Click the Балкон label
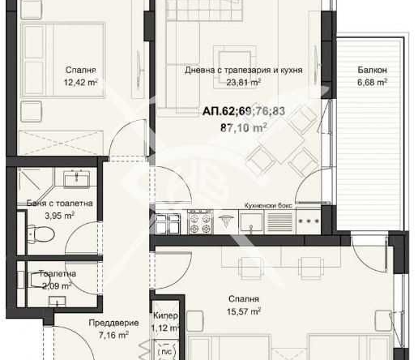[372, 70]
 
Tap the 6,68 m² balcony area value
[372, 82]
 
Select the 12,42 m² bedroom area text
[80, 82]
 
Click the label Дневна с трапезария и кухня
[244, 71]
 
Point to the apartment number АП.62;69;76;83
[244, 111]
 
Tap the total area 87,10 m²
[244, 127]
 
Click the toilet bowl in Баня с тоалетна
[41, 234]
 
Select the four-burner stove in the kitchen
[200, 221]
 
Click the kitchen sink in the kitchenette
[251, 222]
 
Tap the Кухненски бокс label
[268, 205]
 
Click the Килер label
[165, 315]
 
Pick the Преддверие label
[113, 323]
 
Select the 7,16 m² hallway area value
[113, 335]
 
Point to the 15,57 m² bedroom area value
[244, 311]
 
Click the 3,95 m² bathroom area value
[59, 216]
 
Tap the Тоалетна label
[58, 273]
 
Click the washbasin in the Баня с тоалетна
[77, 178]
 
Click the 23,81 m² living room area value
[244, 82]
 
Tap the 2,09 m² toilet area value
[57, 286]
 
